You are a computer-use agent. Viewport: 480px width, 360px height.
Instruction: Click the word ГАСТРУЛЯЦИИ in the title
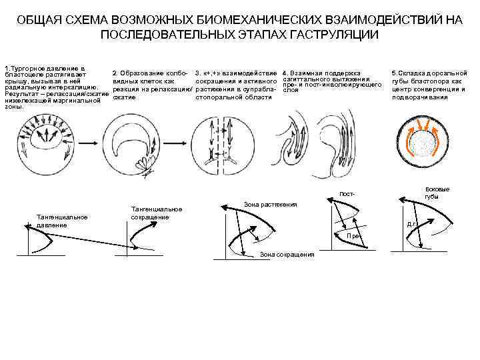335,34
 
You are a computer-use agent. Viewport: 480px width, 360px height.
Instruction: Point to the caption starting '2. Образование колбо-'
153,72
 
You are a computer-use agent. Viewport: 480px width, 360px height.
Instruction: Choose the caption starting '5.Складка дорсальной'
429,72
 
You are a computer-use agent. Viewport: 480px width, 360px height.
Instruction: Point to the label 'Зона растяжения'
270,203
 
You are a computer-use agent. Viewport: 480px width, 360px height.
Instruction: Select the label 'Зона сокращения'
287,254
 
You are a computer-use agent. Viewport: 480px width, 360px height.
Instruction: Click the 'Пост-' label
347,194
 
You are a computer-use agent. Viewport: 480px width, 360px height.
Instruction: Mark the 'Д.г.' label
412,224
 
